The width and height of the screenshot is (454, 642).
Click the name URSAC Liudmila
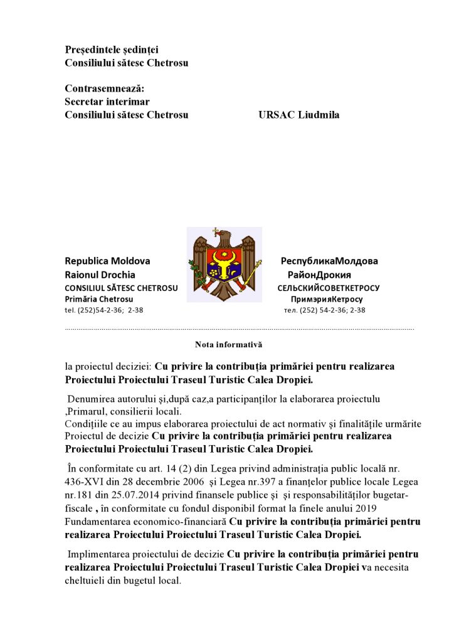pos(298,115)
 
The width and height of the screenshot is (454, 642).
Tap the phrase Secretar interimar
pos(107,102)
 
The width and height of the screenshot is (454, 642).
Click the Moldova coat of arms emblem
pos(224,265)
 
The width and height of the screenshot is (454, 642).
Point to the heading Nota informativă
pos(228,344)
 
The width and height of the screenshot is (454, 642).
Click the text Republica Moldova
pos(107,261)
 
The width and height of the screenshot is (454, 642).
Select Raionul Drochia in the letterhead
pos(100,275)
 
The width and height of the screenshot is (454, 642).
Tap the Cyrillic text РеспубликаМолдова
pos(329,261)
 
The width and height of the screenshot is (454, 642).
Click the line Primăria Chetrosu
pos(98,299)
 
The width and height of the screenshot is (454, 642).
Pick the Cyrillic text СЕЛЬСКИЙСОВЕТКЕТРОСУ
pos(329,288)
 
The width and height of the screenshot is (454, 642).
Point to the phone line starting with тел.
pos(324,310)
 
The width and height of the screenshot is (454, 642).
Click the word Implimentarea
pos(96,554)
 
